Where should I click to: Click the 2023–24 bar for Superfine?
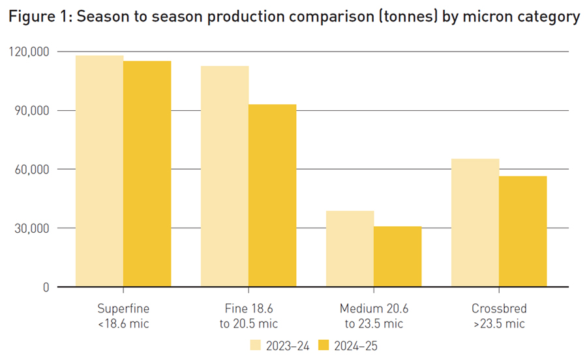(100, 171)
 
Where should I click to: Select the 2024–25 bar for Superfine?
(147, 173)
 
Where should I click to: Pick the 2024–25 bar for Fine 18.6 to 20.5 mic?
(272, 196)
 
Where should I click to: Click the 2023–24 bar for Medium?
(350, 248)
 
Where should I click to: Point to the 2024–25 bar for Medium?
(397, 256)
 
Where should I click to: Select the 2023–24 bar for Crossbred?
(475, 222)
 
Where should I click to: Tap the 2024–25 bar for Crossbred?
(522, 232)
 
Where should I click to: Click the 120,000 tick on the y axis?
(29, 52)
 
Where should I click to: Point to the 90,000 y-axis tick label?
(32, 110)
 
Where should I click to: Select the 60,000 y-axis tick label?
(32, 170)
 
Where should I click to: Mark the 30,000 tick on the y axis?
(32, 228)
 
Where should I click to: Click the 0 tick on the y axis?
(45, 287)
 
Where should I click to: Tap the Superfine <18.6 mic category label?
(123, 315)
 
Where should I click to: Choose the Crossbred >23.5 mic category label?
(498, 315)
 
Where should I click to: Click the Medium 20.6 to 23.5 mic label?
(374, 315)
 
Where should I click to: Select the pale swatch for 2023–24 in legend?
(255, 346)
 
